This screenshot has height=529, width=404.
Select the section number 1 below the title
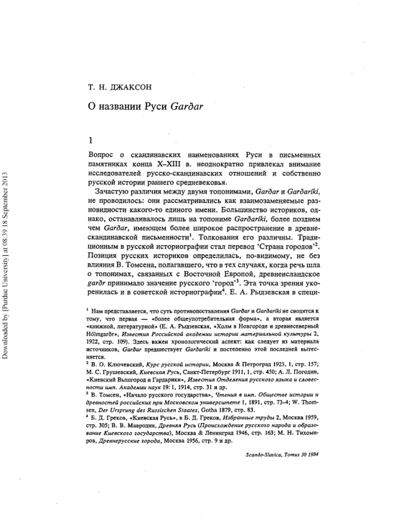(x=90, y=141)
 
